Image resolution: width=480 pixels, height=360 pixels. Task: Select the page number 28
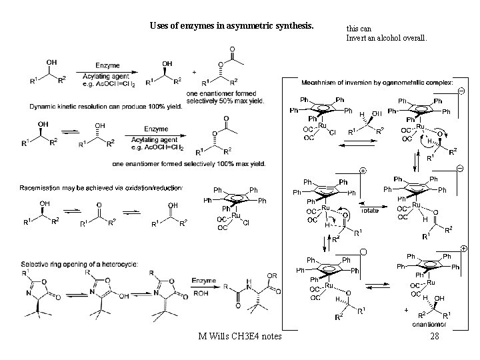(x=435, y=337)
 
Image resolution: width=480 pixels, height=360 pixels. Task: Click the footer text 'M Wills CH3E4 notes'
(x=240, y=337)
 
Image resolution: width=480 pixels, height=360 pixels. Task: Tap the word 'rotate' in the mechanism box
(x=370, y=209)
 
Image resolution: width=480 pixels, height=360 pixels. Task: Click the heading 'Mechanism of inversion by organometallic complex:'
(x=377, y=82)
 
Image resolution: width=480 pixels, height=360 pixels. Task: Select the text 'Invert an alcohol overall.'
(x=386, y=37)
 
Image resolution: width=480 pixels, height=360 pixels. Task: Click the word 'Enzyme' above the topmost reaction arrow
(x=107, y=66)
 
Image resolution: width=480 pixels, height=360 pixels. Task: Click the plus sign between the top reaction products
(x=194, y=71)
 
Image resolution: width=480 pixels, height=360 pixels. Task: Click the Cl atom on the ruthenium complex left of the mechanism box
(x=246, y=224)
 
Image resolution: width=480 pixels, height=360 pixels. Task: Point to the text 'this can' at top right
(x=359, y=29)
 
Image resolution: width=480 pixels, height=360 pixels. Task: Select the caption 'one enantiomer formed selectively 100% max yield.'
(x=189, y=163)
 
